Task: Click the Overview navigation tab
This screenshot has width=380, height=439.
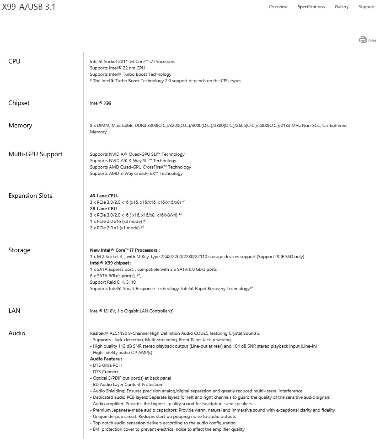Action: (278, 7)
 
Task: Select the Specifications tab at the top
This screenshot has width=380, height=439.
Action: (311, 7)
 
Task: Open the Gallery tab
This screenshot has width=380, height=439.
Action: (342, 7)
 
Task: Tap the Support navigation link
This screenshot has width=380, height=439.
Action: (366, 7)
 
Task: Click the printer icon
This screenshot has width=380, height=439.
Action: (363, 40)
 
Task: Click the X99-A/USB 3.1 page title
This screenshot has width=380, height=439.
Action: (29, 7)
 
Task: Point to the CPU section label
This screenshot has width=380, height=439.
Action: (14, 62)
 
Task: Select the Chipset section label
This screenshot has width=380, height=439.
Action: (19, 103)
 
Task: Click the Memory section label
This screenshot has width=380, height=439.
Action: (20, 126)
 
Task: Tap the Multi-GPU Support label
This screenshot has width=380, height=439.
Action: (35, 154)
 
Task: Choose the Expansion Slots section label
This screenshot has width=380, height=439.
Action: (30, 196)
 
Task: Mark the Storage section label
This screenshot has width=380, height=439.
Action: (19, 250)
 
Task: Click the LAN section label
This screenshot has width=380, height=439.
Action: (14, 311)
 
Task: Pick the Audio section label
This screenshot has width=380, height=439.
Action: (17, 333)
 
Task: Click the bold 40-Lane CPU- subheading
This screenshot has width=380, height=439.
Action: (104, 196)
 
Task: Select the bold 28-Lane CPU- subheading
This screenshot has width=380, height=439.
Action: (104, 208)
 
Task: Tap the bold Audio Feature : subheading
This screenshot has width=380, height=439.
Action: (106, 359)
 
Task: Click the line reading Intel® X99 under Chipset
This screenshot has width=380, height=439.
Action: (101, 103)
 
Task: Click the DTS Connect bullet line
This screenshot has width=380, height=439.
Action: (106, 372)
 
